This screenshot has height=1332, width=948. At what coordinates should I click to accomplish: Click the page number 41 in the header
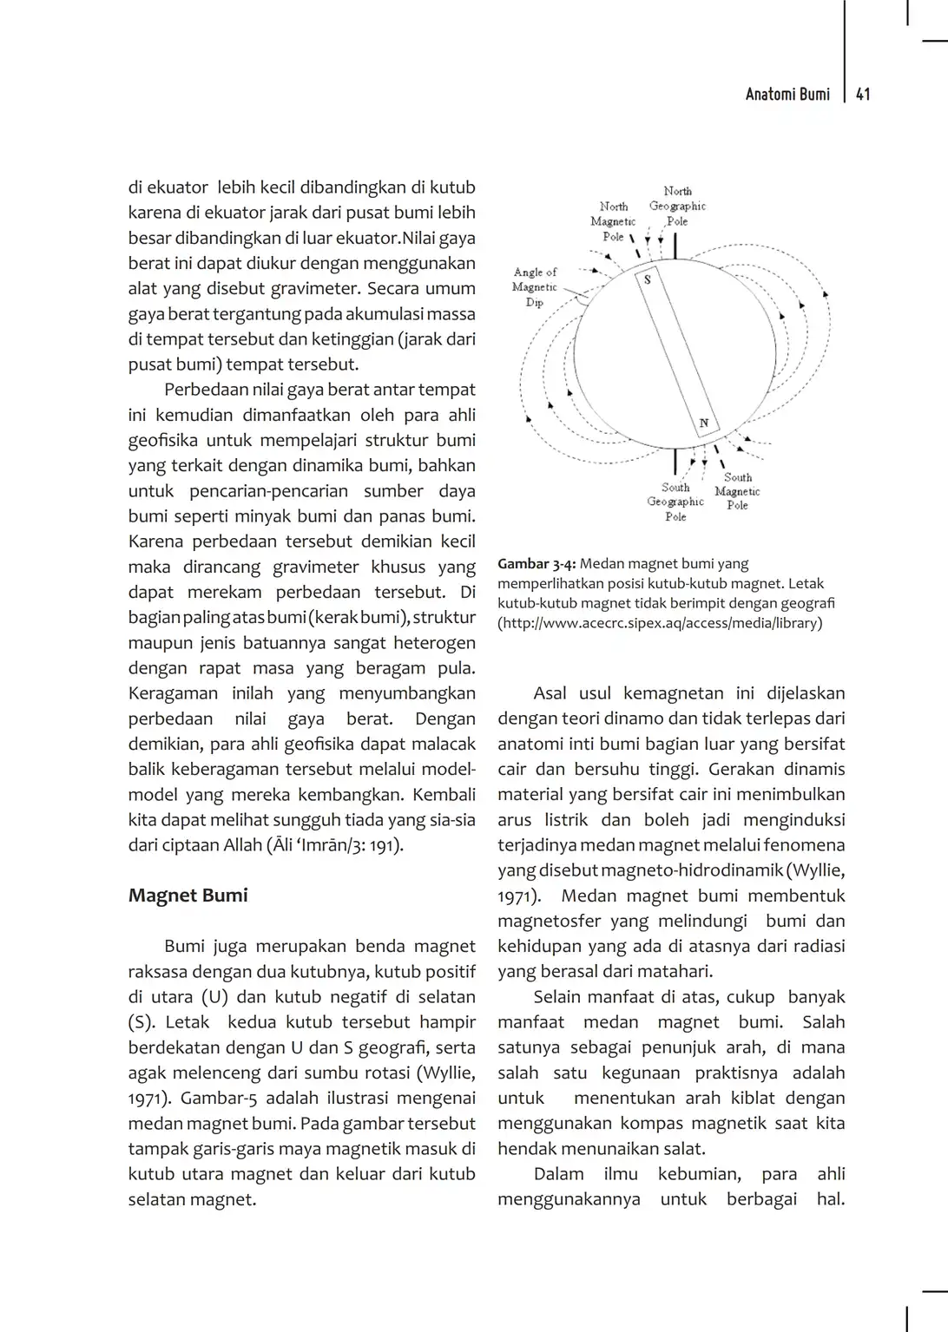click(x=863, y=95)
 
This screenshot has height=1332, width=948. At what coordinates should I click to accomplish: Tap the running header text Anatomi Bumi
click(x=787, y=95)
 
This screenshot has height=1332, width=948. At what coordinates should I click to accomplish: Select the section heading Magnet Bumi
click(x=188, y=896)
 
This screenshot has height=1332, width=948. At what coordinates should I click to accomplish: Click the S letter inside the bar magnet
click(x=647, y=279)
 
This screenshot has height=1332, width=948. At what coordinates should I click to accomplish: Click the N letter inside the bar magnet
click(x=704, y=423)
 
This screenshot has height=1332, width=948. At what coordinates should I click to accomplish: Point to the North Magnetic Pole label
click(x=614, y=221)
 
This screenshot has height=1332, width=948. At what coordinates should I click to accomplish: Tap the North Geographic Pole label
click(x=677, y=206)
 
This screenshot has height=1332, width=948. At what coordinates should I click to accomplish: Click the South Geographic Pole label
click(x=675, y=502)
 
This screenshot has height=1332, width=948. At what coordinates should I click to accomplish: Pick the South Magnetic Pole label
click(x=737, y=491)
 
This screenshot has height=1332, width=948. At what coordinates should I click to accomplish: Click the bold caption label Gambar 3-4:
click(x=537, y=564)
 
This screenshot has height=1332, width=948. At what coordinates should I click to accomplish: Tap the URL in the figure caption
click(x=660, y=623)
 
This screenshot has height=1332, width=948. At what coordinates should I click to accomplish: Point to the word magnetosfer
click(x=549, y=921)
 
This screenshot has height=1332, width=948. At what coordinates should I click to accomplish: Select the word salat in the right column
click(x=682, y=1148)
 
